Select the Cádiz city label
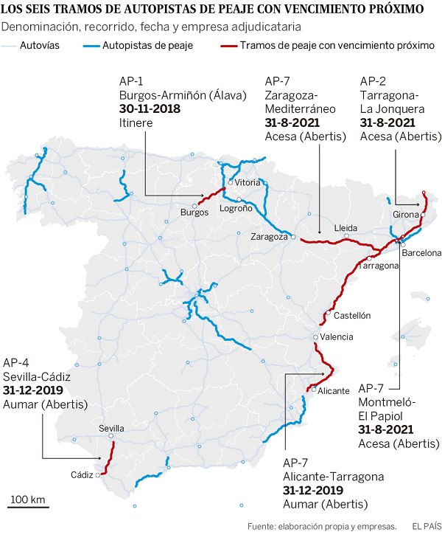(x=83, y=475)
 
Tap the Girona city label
(x=407, y=215)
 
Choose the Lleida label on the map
(x=345, y=228)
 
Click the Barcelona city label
(x=421, y=252)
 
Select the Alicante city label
(x=333, y=390)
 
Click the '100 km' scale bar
(x=27, y=500)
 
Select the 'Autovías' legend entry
(x=40, y=46)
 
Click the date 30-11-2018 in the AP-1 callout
(x=150, y=108)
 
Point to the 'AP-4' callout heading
(x=15, y=362)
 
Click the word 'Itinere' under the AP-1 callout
(x=136, y=122)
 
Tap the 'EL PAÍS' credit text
(x=427, y=527)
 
